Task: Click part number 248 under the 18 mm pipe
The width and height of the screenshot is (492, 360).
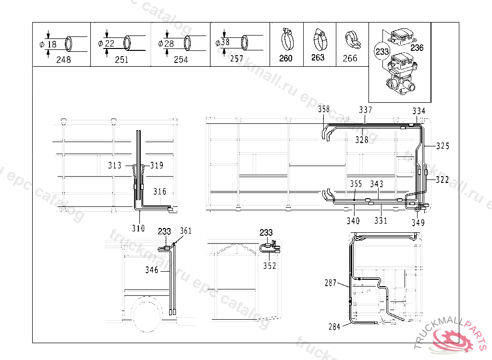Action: [63, 60]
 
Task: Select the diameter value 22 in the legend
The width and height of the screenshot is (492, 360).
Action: [110, 43]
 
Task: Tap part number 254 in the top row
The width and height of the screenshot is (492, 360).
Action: [181, 60]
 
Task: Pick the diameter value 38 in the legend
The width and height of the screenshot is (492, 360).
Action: [225, 42]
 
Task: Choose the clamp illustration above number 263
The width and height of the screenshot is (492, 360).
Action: [318, 40]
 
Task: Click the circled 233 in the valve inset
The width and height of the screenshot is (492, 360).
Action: [381, 51]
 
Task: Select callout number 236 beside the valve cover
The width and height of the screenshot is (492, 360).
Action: [417, 48]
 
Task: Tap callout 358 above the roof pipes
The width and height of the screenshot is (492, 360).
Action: [324, 109]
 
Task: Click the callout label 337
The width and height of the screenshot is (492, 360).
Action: [366, 110]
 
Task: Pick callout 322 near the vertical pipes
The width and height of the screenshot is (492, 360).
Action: [443, 180]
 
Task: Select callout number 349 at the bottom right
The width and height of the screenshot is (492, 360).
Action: [418, 222]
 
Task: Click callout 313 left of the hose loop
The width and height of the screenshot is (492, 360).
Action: [115, 166]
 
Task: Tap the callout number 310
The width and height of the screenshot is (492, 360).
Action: [138, 228]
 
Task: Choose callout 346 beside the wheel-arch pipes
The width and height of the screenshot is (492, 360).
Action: [152, 270]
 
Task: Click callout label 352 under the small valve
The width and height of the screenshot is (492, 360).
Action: [270, 266]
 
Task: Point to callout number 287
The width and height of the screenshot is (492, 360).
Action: [331, 283]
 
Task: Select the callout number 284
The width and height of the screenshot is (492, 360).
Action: [334, 327]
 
